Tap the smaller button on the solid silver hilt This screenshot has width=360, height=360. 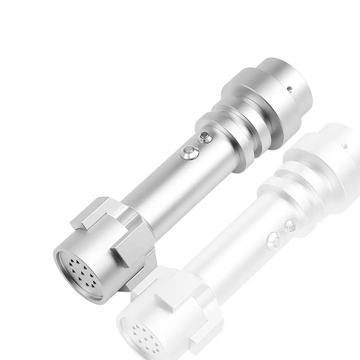pyautogui.click(x=206, y=137)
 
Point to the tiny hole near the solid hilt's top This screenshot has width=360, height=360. pyautogui.click(x=290, y=88)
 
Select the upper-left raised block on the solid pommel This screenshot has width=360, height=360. pyautogui.click(x=96, y=213)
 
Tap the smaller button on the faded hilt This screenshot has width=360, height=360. pyautogui.click(x=290, y=226)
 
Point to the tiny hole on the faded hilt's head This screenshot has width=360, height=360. pyautogui.click(x=344, y=146)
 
